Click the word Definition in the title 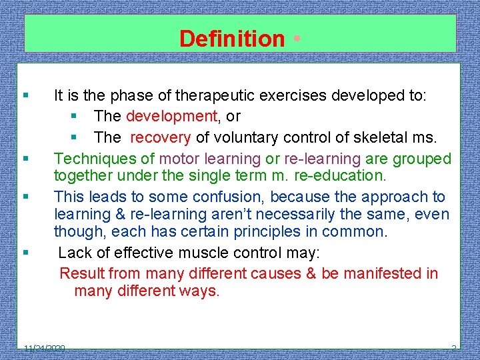point(231,39)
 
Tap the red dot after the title point(295,38)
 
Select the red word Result point(82,273)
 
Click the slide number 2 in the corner point(454,348)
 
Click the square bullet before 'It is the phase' point(25,96)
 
